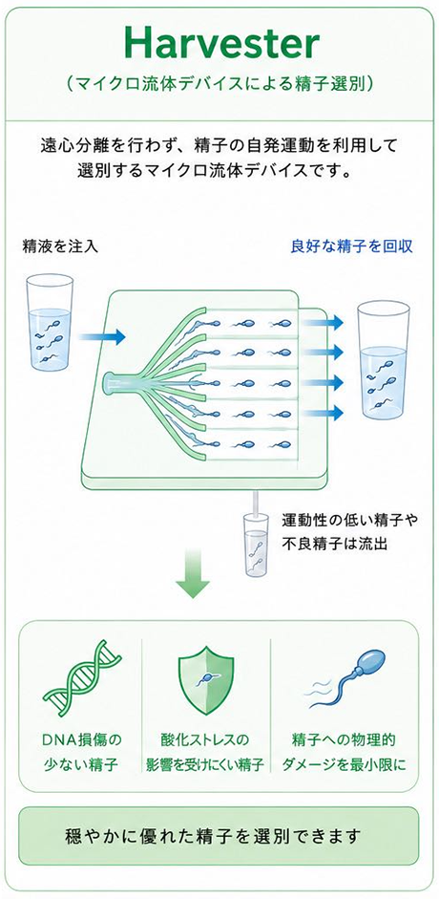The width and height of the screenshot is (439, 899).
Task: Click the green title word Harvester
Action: (220, 44)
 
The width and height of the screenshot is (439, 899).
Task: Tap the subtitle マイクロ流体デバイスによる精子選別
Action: (220, 85)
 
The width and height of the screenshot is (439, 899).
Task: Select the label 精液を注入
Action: (60, 246)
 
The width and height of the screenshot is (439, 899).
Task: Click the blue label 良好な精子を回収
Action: (352, 246)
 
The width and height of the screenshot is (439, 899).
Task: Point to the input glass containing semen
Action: (50, 322)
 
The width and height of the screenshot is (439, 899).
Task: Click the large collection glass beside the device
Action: (383, 357)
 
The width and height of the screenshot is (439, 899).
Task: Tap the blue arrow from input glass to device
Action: (101, 336)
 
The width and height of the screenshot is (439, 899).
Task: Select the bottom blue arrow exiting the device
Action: (323, 412)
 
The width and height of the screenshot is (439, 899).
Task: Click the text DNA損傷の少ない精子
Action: (83, 752)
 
